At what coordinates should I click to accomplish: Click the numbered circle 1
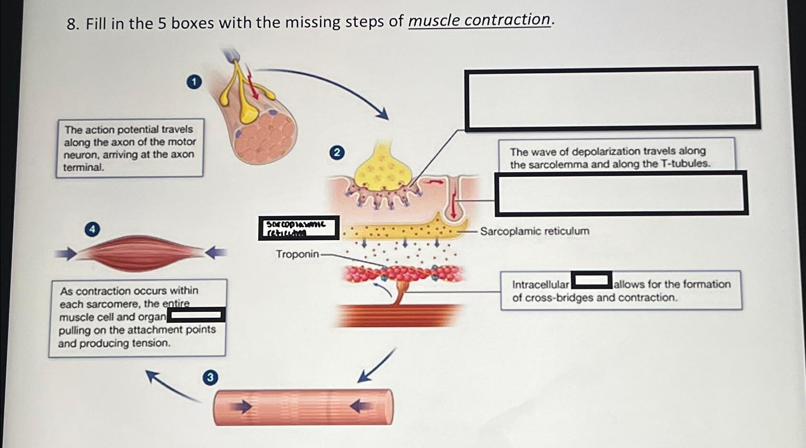(x=194, y=82)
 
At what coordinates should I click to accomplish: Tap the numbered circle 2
(x=337, y=152)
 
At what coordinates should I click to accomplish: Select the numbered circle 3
(x=210, y=378)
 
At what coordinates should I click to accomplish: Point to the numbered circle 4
(x=92, y=229)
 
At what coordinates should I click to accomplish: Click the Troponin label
(x=297, y=254)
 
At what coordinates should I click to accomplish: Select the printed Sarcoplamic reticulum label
(x=534, y=231)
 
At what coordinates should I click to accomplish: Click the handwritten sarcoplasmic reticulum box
(x=299, y=228)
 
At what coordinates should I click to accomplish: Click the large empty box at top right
(x=612, y=99)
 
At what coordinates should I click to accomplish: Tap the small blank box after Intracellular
(x=591, y=280)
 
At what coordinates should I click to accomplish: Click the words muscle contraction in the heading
(x=479, y=20)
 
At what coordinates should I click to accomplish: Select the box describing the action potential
(x=130, y=148)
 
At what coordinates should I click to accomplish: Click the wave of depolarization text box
(x=616, y=155)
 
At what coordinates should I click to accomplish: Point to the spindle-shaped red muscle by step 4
(x=139, y=253)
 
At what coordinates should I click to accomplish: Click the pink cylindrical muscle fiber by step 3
(x=303, y=407)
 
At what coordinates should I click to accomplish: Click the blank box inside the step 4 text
(x=196, y=315)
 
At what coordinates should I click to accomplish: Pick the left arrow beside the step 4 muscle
(x=66, y=253)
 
